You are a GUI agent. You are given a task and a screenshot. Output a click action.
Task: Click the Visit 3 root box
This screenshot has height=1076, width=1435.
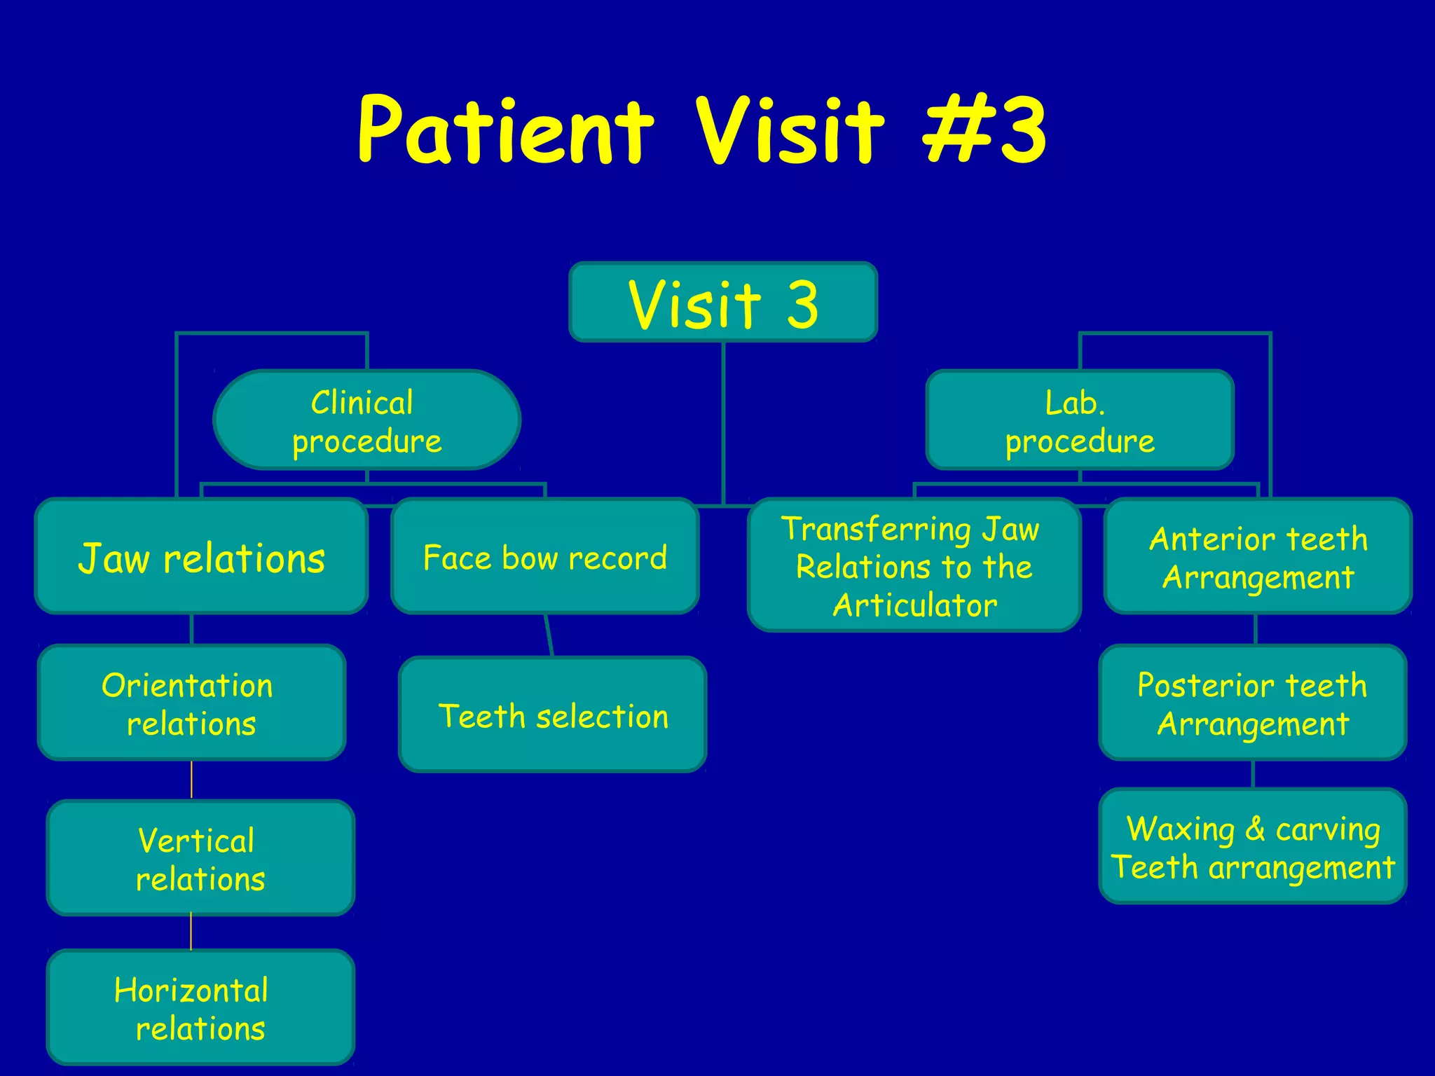[723, 302]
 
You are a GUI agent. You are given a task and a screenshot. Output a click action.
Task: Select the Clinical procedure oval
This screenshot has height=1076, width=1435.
[366, 420]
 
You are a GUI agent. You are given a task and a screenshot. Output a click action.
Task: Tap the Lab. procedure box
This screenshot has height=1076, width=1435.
[1079, 420]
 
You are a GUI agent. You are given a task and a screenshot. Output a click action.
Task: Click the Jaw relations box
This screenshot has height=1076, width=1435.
[202, 557]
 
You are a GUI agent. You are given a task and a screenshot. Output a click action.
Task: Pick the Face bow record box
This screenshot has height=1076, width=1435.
[545, 557]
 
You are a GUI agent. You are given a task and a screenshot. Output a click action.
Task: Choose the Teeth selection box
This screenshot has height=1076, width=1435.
[553, 715]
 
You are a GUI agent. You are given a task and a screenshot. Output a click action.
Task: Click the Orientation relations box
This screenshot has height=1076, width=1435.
[191, 703]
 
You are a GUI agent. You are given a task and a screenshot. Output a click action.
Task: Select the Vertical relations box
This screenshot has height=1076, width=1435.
[200, 858]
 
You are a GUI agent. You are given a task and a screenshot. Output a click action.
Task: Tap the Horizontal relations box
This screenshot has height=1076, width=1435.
[200, 1008]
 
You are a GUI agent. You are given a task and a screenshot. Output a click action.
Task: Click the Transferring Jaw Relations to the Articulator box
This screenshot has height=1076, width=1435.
[914, 566]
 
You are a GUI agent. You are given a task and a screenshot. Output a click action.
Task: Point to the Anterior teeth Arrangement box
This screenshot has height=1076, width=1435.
[1258, 557]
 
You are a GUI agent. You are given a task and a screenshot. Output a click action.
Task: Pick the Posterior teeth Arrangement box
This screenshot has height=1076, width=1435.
[1252, 703]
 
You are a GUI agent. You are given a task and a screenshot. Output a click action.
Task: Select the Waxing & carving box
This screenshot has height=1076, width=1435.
[1252, 847]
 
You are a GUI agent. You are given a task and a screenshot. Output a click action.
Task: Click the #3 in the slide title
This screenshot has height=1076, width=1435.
[984, 130]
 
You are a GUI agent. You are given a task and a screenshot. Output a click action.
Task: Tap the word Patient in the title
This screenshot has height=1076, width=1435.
[506, 130]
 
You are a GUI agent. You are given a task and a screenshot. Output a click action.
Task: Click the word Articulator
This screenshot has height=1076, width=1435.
[915, 605]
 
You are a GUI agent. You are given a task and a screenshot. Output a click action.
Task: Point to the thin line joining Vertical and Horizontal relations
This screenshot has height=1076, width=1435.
[191, 932]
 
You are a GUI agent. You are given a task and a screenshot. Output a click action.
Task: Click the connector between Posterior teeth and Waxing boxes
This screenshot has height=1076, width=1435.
[1253, 775]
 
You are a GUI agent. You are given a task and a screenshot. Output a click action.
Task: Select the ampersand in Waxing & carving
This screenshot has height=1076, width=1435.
[1255, 829]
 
